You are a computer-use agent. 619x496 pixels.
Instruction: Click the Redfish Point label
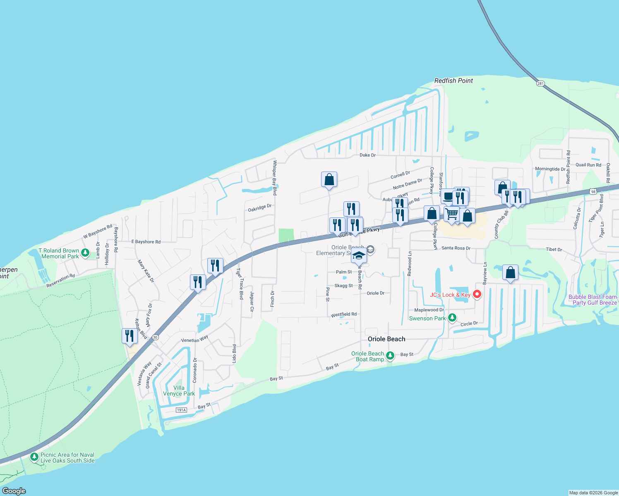(x=453, y=81)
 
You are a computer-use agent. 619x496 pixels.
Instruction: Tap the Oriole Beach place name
(x=386, y=339)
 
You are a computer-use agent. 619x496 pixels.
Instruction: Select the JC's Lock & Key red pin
(x=477, y=294)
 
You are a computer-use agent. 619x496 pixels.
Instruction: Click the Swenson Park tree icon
(x=452, y=318)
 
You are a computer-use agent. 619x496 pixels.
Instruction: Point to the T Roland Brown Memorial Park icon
(x=85, y=252)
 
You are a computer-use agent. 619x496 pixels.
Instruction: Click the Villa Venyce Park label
(x=179, y=391)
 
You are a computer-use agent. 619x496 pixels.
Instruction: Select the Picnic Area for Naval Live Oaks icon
(x=34, y=457)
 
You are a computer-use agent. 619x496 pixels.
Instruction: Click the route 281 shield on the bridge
(x=540, y=83)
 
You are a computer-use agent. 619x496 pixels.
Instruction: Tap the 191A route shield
(x=181, y=410)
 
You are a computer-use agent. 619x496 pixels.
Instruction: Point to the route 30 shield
(x=155, y=337)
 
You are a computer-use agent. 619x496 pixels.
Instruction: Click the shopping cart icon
(x=452, y=214)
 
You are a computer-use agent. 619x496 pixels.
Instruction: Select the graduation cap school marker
(x=359, y=256)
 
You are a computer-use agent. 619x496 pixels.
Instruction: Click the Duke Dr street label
(x=367, y=155)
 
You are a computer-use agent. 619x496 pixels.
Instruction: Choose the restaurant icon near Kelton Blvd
(x=130, y=336)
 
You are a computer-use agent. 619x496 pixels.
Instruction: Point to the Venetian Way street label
(x=195, y=339)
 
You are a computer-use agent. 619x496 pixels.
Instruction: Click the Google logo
(x=14, y=491)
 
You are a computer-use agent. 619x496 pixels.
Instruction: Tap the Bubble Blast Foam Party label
(x=593, y=300)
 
